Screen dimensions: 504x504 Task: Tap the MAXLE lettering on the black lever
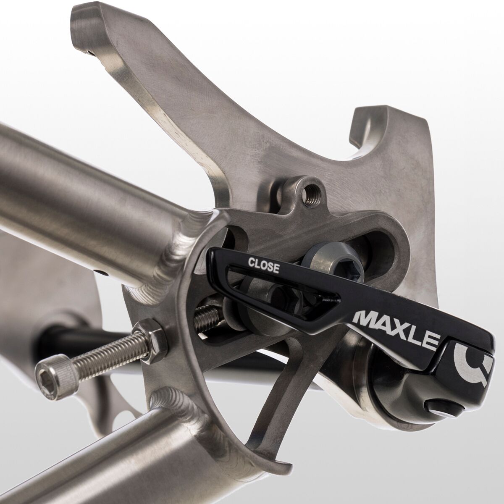point(397,323)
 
